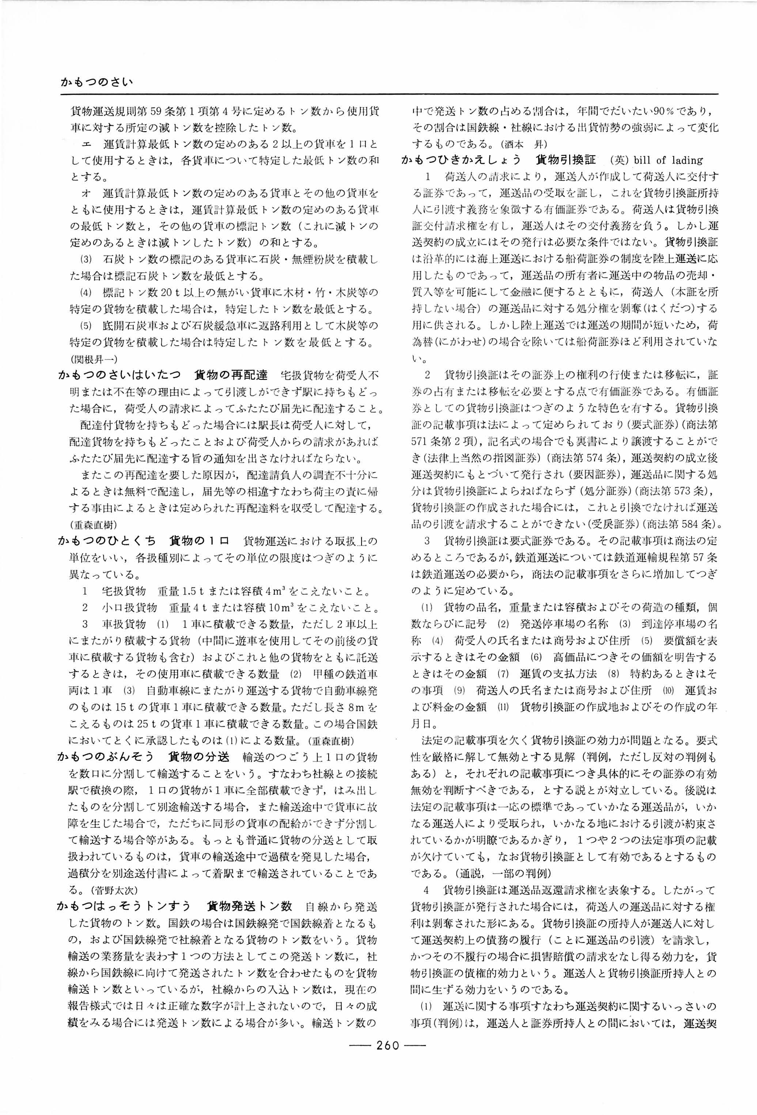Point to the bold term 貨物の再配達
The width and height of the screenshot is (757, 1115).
point(231,375)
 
